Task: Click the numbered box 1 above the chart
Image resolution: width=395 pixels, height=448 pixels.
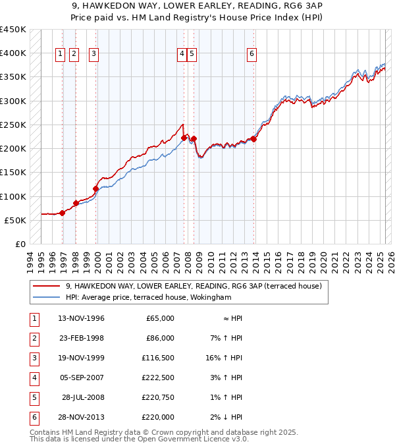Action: [60, 54]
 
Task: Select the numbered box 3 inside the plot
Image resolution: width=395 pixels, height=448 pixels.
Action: [93, 54]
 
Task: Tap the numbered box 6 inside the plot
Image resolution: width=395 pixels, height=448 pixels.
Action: [251, 54]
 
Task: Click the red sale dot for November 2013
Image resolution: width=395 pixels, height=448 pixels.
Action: [253, 139]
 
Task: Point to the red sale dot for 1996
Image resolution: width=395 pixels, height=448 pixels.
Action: [63, 213]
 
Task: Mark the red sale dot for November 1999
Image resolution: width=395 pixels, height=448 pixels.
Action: [96, 188]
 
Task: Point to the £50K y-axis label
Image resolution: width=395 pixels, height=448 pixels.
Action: [15, 220]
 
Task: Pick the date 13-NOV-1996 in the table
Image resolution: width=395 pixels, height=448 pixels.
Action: [82, 318]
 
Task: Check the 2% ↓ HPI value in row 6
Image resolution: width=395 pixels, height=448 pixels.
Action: [224, 416]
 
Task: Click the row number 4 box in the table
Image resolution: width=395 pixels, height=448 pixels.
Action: [33, 378]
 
